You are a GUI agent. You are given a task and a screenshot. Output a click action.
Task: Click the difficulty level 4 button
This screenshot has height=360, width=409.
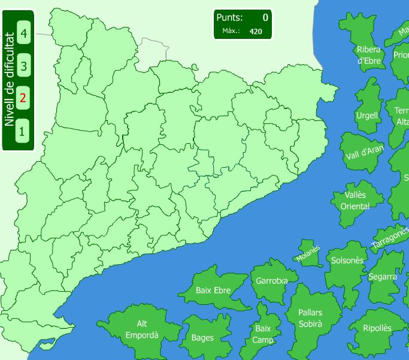click(23, 33)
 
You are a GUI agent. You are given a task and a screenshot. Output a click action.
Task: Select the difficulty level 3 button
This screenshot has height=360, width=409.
click(23, 65)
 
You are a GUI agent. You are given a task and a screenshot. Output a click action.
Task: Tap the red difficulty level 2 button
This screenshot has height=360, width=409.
click(23, 97)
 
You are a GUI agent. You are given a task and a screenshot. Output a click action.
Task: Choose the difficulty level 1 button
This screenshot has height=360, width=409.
click(23, 129)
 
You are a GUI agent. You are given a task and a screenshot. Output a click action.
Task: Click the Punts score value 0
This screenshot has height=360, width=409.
click(265, 17)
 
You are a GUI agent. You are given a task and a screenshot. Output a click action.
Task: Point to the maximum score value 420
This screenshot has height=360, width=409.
click(256, 31)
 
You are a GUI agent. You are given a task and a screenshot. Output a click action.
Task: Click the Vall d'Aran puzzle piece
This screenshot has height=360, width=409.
click(363, 152)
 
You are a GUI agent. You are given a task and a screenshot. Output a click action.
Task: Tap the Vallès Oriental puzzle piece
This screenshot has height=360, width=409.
click(355, 201)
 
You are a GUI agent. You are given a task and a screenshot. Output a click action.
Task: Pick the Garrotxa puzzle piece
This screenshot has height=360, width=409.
click(272, 280)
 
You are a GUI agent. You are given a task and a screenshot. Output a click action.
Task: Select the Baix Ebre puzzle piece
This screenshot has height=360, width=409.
click(213, 291)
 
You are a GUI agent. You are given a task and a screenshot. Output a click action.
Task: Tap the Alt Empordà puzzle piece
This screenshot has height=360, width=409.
click(142, 330)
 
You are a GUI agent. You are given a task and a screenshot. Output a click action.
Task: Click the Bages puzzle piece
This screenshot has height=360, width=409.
click(202, 338)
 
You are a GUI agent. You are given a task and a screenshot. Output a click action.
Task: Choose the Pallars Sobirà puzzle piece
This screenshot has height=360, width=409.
click(310, 319)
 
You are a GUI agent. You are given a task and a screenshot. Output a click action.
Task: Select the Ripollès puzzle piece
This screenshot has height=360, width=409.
click(377, 328)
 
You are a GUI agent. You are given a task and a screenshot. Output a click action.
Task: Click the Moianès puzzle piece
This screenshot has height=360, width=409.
click(308, 254)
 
